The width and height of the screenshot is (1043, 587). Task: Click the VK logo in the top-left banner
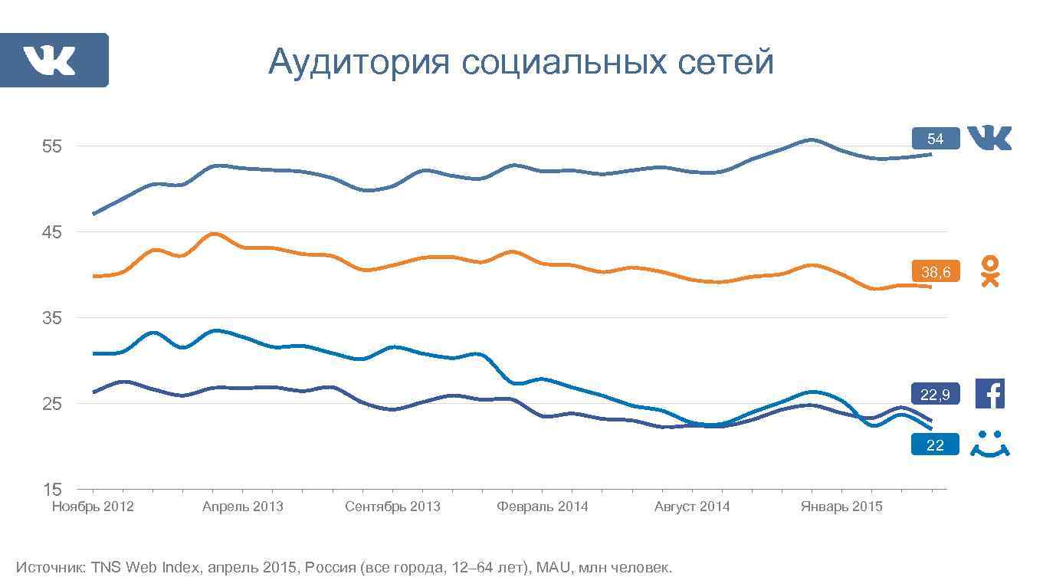click(x=49, y=61)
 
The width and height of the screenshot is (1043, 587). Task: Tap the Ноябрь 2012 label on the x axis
click(x=93, y=507)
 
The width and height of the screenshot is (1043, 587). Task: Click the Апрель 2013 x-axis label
click(x=242, y=507)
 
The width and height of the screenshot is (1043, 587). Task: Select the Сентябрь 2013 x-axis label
click(x=392, y=507)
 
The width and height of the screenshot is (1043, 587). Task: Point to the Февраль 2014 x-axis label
click(x=542, y=507)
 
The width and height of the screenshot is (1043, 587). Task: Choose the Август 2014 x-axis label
click(x=692, y=507)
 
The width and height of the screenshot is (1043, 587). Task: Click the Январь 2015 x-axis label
click(x=841, y=507)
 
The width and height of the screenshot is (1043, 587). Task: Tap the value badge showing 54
click(x=935, y=139)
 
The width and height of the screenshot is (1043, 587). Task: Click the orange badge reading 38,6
click(x=935, y=271)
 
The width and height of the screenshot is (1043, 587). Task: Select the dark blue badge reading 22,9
click(x=935, y=394)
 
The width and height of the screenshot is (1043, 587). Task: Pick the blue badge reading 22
click(x=935, y=444)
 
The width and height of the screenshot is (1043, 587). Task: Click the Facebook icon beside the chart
click(x=989, y=394)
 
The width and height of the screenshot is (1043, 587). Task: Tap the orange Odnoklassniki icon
click(x=990, y=271)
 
